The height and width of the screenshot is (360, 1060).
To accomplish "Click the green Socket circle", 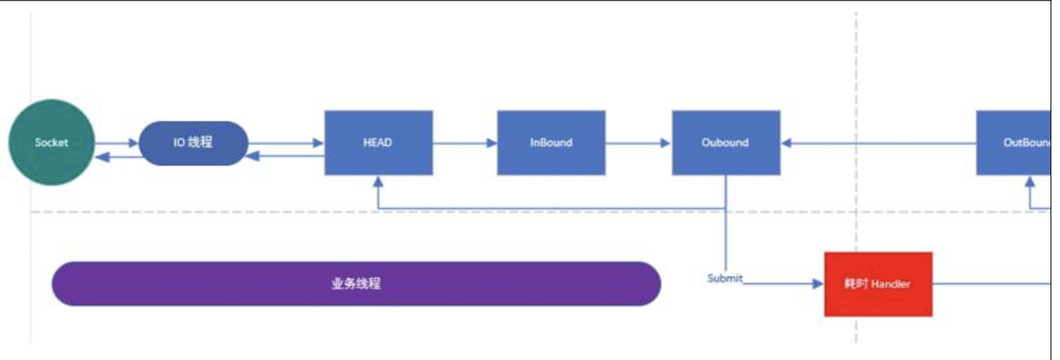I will pos(51,143).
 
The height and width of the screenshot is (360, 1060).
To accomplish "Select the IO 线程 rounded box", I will pos(193,143).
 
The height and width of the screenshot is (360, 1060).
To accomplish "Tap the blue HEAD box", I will pos(378,143).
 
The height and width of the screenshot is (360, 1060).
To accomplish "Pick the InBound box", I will pos(551,143).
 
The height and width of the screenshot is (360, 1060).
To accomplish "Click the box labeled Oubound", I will pos(725,143).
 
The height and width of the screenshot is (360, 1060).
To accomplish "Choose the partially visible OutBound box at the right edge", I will pos(1018,143).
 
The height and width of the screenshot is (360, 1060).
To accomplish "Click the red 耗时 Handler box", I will pos(878,284).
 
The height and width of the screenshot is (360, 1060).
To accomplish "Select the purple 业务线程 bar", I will pos(357,284).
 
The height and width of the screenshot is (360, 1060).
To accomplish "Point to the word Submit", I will pos(725,279).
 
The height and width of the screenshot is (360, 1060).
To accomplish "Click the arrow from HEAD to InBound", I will pos(464,143).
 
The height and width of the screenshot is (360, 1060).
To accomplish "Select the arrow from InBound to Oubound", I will pos(638,143).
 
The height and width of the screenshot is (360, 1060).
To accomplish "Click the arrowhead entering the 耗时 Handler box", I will pos(818,284).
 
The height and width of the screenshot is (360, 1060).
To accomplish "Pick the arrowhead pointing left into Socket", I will pos(101,157).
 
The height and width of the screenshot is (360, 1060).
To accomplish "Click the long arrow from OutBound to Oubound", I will pos(878,143).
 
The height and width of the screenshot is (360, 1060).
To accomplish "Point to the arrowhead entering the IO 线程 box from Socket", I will pos(133,143).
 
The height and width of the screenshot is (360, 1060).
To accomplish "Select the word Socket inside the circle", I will pos(51,143).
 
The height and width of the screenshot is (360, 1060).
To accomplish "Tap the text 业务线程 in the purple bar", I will pos(357,284).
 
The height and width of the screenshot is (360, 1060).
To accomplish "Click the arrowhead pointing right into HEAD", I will pos(318,143).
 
